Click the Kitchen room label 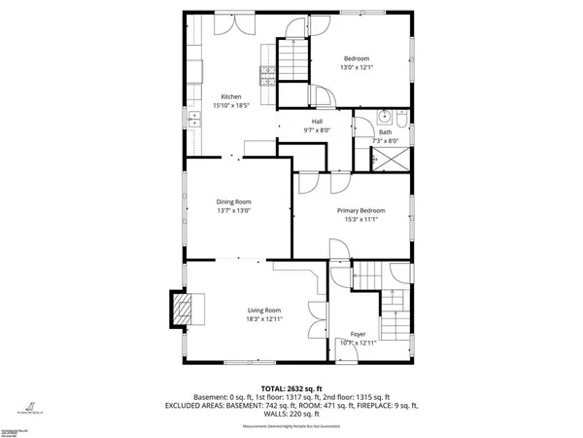[230, 96]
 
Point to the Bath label [385, 131]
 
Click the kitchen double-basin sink [193, 122]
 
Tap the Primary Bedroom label [360, 210]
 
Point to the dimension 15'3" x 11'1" [360, 219]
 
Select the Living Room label [264, 310]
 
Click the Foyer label [358, 333]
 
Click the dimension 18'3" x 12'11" [264, 318]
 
